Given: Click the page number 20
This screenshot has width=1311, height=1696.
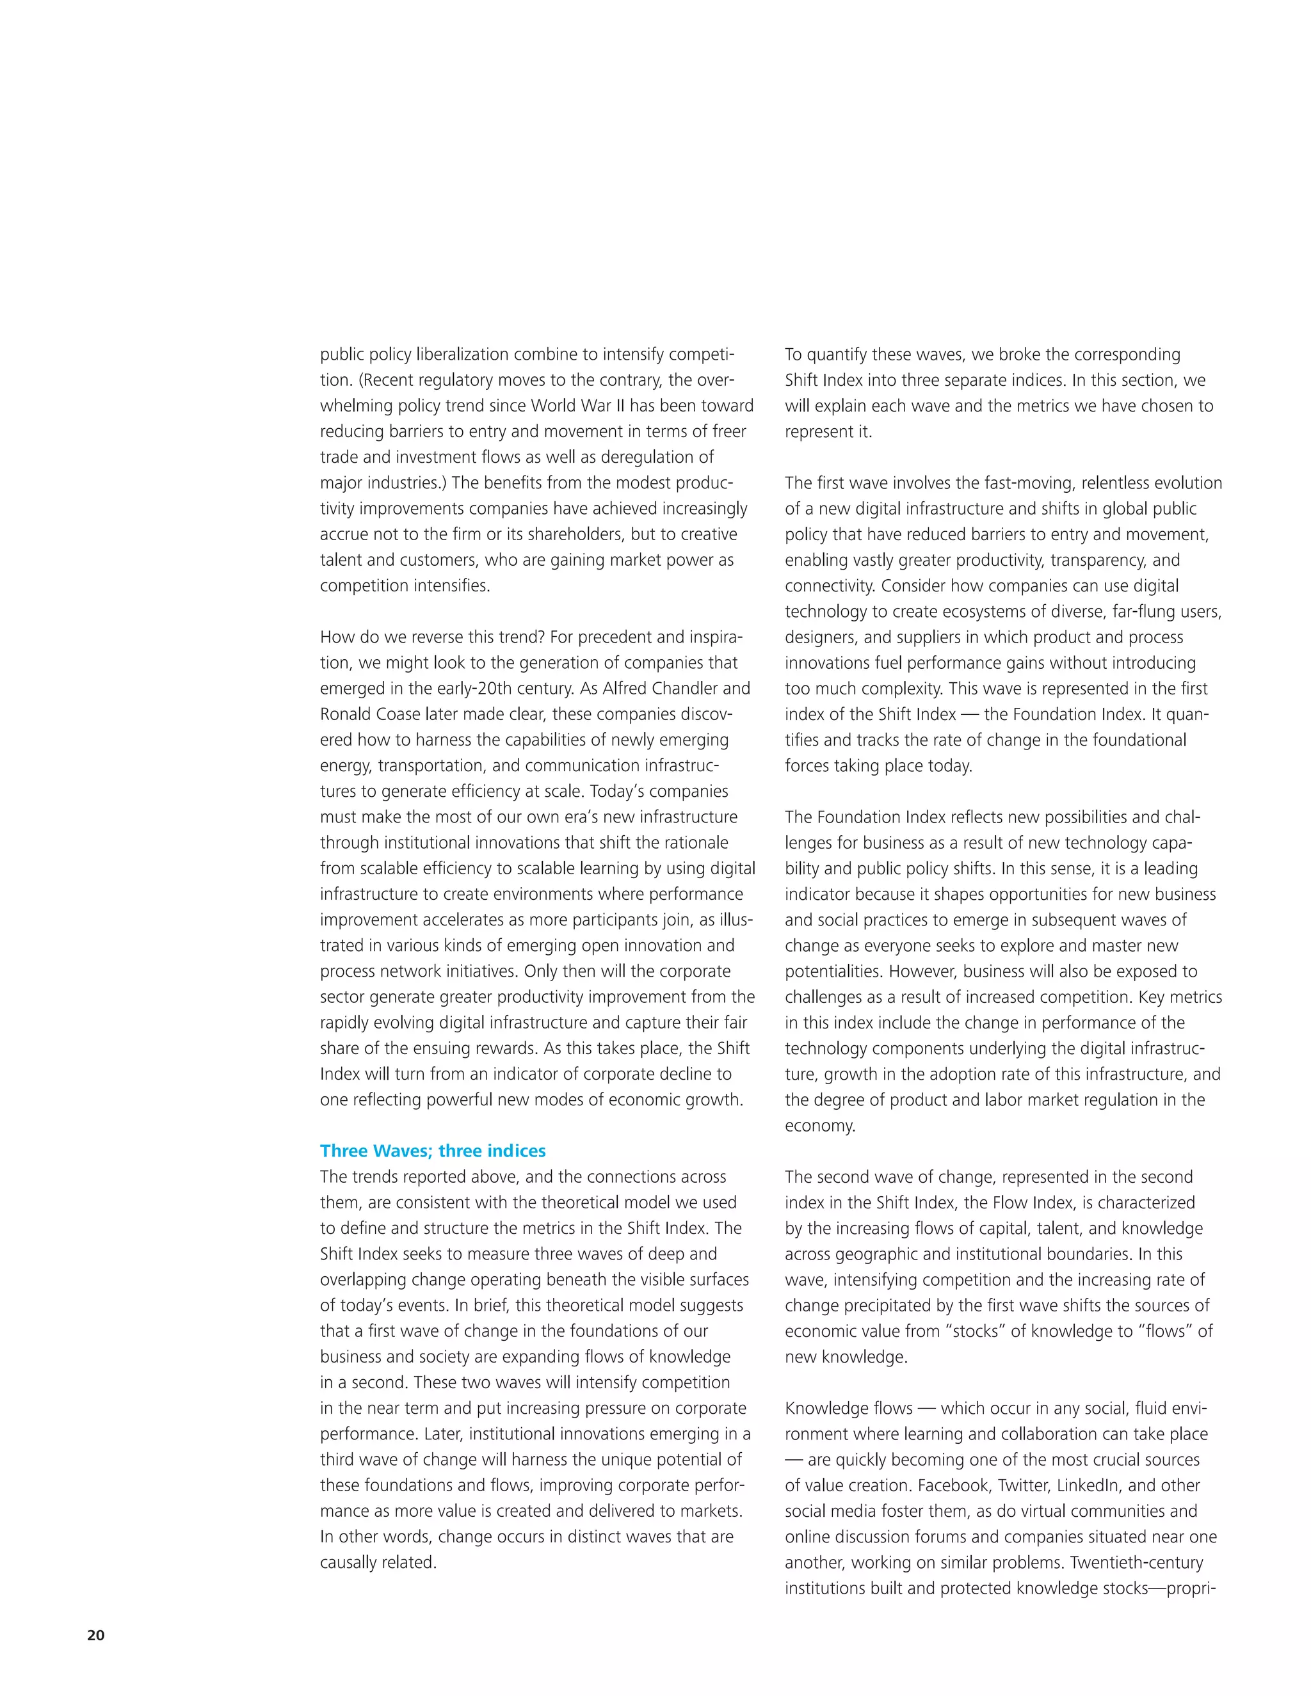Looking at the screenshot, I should (95, 1635).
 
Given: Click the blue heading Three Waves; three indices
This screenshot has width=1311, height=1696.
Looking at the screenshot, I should (433, 1151).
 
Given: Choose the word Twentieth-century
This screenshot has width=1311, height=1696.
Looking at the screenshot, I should (1137, 1562).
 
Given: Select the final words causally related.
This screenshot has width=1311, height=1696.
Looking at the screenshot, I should (378, 1562).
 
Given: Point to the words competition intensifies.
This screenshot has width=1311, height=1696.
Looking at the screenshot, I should (405, 586).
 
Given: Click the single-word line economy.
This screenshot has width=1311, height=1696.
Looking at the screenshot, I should (819, 1126).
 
